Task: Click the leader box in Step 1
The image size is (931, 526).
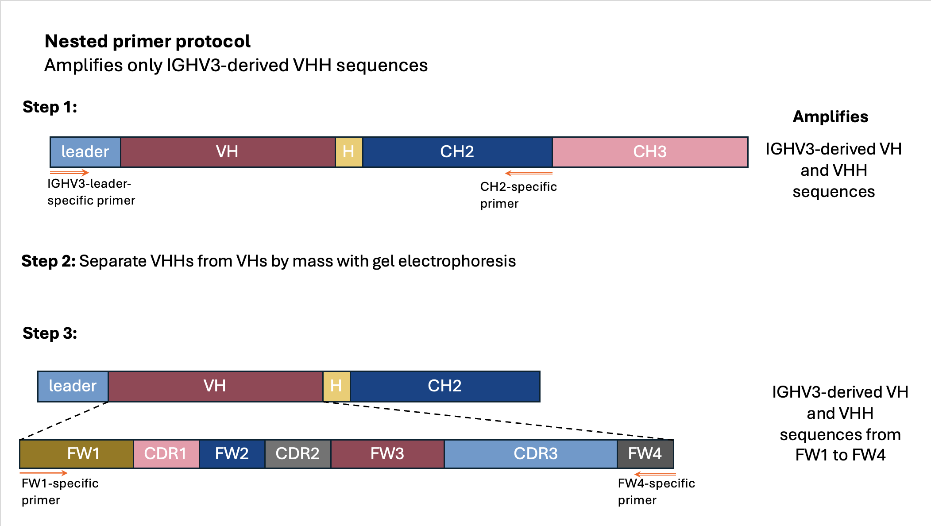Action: point(85,152)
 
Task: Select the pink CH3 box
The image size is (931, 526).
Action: point(650,152)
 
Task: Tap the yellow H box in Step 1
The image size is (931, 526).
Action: point(349,152)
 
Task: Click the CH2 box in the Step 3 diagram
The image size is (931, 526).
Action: point(445,386)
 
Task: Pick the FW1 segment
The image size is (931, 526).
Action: point(77,454)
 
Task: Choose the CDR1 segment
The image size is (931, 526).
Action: point(166,454)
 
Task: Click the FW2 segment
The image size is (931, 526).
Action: point(232,454)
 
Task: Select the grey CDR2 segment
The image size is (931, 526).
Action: point(298,454)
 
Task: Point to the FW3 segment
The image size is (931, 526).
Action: point(387,454)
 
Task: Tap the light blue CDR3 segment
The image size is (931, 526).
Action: point(531,454)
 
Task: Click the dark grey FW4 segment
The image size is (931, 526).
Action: point(645,454)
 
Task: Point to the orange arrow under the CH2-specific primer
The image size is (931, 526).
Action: point(529,173)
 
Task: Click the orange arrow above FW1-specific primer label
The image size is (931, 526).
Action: point(43,473)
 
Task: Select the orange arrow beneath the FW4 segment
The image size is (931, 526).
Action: point(655,474)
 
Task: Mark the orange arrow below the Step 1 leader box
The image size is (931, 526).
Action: point(70,172)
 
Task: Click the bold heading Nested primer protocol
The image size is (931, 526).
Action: point(147,42)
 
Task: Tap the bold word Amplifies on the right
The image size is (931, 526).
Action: point(831,117)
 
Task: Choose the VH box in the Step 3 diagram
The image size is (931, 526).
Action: point(215,386)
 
